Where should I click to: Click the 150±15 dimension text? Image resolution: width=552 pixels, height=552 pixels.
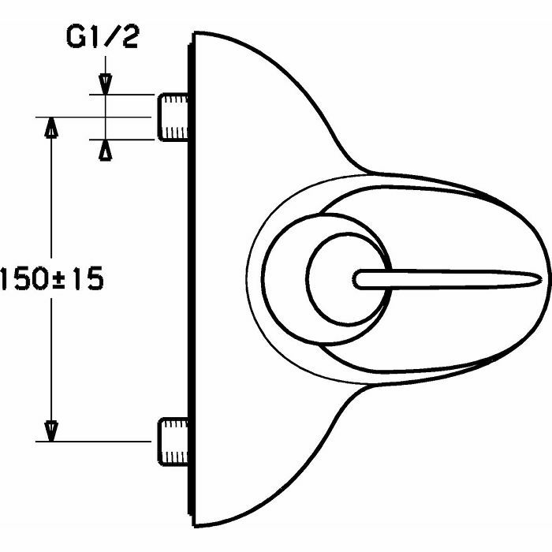51,279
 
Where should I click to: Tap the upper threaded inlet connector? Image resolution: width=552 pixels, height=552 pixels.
173,117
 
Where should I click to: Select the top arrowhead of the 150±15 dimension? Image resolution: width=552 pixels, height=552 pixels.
51,126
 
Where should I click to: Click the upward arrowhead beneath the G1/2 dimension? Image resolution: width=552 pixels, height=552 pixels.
105,149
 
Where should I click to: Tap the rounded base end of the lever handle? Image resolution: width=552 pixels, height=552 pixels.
360,279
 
